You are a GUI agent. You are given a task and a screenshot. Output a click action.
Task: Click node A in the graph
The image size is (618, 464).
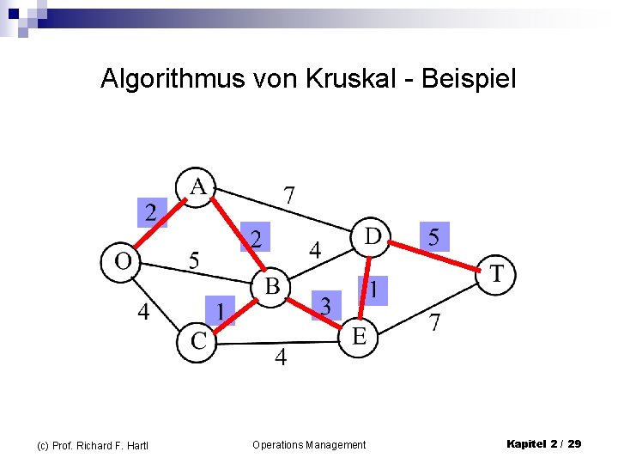click(x=197, y=186)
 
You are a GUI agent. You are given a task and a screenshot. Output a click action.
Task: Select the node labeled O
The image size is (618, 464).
click(x=122, y=260)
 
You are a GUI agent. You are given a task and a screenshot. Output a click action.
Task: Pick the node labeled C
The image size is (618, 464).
click(x=198, y=341)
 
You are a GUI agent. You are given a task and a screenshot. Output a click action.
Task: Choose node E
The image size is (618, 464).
click(x=359, y=336)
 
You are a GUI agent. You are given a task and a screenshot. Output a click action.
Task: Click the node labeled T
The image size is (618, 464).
click(x=497, y=275)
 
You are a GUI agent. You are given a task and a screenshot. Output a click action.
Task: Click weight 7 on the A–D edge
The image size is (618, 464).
click(x=289, y=195)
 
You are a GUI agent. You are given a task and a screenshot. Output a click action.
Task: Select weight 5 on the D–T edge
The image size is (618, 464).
click(x=433, y=236)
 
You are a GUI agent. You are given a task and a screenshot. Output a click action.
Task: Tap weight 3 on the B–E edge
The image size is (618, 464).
click(x=325, y=304)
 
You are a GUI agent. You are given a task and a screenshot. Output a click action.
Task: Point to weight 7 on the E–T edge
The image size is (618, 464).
click(x=435, y=323)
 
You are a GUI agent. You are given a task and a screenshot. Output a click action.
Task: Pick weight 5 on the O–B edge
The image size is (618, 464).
click(x=194, y=259)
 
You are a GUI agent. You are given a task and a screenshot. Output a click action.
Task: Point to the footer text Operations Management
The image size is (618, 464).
click(x=309, y=444)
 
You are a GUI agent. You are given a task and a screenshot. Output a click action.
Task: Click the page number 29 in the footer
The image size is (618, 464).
click(x=574, y=443)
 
